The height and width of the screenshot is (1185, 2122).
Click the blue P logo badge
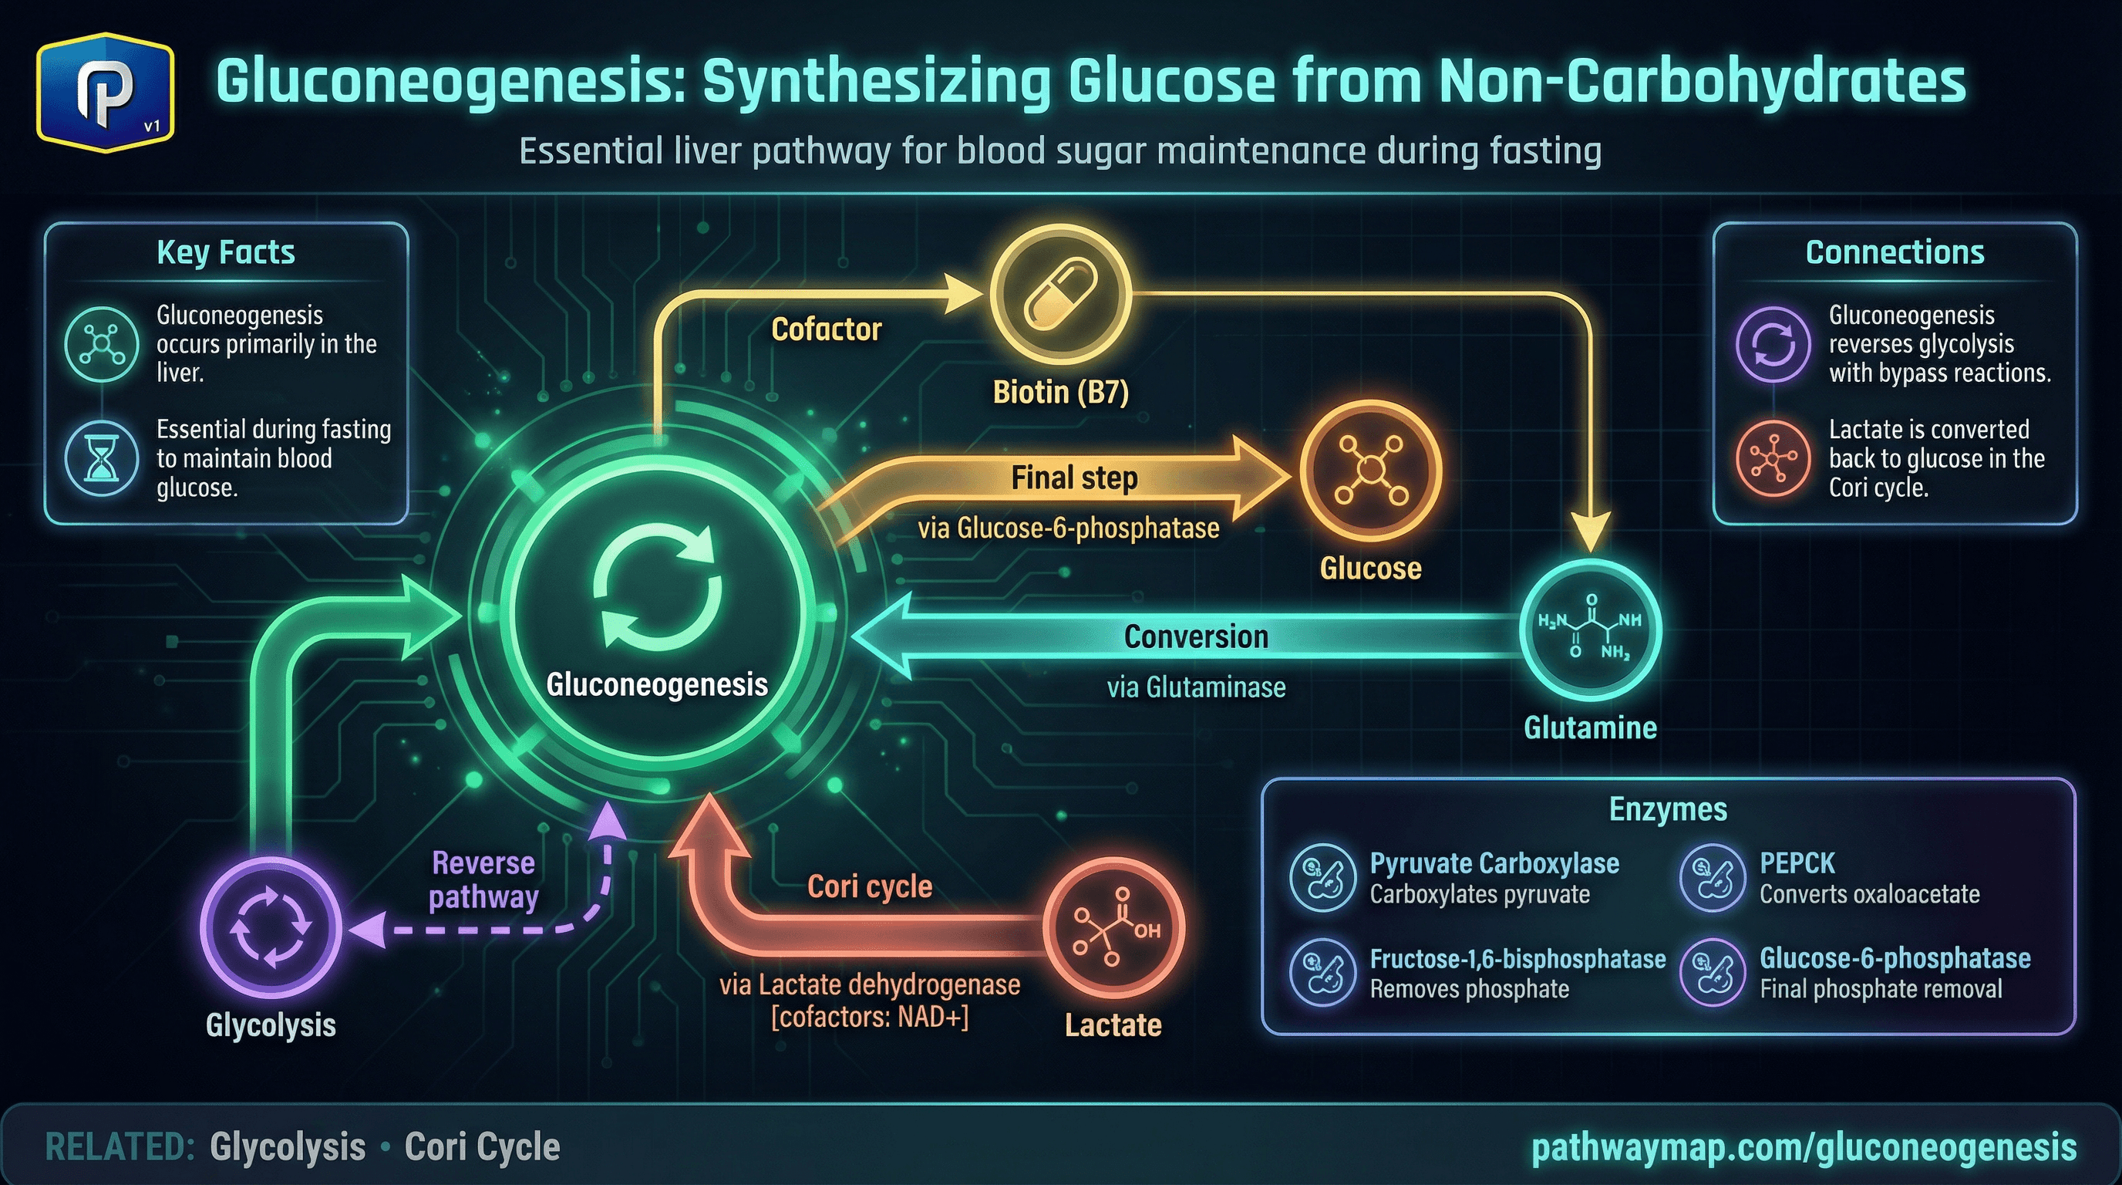point(105,93)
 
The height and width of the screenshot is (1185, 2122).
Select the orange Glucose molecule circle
point(1370,471)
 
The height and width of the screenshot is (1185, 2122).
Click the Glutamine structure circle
point(1590,630)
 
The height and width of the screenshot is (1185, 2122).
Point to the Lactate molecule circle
point(1113,928)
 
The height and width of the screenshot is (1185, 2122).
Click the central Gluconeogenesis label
point(656,685)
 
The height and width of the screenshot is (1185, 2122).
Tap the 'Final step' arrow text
point(1074,478)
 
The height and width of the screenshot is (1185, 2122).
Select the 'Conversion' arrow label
point(1195,637)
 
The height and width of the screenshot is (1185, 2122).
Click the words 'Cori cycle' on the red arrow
point(869,886)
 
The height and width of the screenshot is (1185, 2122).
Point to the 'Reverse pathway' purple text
point(483,880)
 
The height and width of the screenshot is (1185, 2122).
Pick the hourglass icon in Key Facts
point(101,459)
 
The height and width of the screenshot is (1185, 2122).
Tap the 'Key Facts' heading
point(226,252)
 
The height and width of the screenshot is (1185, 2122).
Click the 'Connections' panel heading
point(1894,252)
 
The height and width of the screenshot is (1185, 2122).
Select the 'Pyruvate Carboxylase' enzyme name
point(1494,863)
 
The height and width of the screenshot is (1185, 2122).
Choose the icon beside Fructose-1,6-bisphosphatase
point(1322,972)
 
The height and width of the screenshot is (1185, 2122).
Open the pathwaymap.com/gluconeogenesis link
point(1804,1148)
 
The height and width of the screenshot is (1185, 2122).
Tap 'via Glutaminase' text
point(1195,687)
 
